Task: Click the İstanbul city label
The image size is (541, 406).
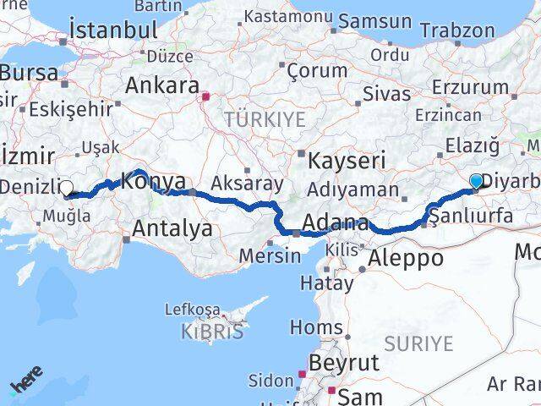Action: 114,30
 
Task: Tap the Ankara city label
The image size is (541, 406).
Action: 161,85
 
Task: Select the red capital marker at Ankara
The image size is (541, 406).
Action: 205,96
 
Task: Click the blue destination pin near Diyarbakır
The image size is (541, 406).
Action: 476,181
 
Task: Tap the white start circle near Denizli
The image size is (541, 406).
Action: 66,189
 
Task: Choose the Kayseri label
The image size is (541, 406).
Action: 347,160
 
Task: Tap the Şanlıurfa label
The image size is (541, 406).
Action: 472,216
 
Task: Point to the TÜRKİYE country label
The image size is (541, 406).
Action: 264,119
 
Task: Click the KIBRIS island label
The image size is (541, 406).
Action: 212,332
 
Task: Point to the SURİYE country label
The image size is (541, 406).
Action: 418,343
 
